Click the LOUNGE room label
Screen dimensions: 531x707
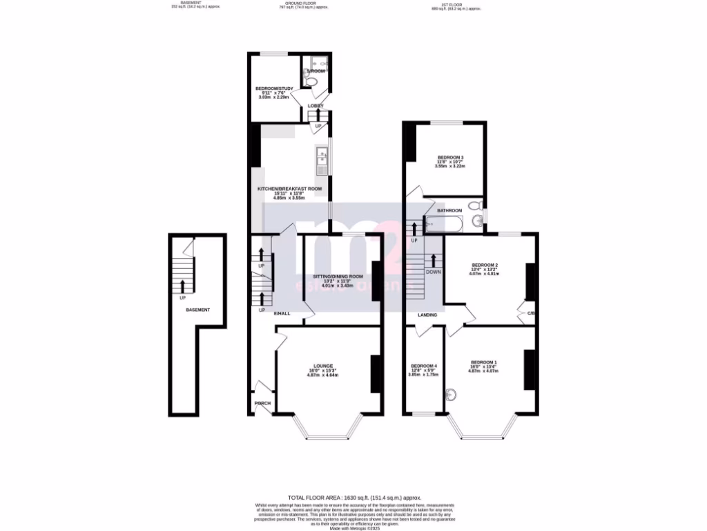323,366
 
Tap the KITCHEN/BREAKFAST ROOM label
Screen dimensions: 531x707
290,189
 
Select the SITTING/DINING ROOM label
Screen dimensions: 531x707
338,277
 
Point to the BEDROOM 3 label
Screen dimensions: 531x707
449,158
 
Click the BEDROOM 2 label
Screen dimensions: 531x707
485,265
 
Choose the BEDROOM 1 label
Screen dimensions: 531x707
484,362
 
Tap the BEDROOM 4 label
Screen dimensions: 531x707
424,366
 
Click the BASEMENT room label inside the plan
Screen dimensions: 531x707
197,310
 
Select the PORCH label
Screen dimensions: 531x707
262,404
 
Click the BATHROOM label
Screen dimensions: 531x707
449,210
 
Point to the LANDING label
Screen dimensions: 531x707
427,315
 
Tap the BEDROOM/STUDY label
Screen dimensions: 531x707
275,88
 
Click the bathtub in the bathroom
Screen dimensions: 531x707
443,223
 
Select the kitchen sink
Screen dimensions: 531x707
321,160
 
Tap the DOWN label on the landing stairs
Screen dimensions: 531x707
434,272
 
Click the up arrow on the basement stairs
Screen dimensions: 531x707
182,286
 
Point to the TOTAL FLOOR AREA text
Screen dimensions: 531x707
354,497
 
